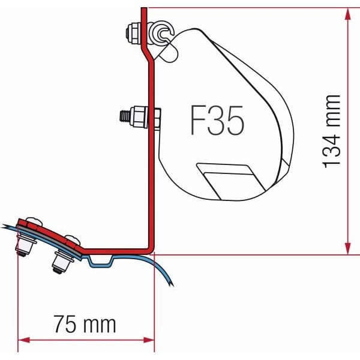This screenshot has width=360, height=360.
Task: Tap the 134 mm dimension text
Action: tap(332, 131)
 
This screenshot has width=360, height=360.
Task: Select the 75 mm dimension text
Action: tap(85, 325)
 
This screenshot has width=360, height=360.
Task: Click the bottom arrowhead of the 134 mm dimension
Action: tap(347, 250)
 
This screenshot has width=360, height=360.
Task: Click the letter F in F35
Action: tap(197, 122)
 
